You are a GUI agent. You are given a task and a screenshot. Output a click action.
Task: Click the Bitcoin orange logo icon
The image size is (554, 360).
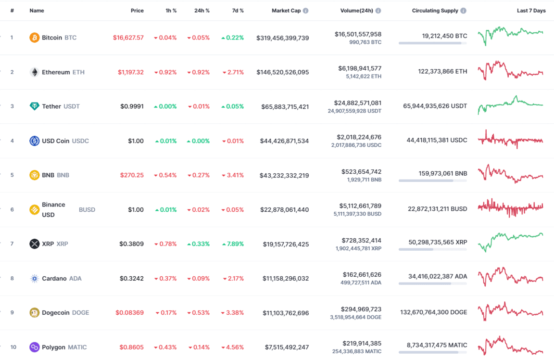34,38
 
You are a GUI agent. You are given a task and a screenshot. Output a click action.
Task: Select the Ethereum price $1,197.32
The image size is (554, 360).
130,72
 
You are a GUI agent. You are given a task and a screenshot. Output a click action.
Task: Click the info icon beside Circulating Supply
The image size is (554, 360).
463,11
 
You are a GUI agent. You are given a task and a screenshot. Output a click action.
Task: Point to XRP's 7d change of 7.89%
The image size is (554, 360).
233,244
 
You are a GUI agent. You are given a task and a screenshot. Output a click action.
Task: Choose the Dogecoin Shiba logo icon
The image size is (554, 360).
34,312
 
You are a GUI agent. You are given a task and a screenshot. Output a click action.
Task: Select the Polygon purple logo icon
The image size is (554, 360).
34,347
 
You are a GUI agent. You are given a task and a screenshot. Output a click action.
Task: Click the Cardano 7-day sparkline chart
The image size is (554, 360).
510,278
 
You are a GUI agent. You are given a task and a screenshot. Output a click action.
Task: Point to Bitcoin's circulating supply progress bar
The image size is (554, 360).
432,43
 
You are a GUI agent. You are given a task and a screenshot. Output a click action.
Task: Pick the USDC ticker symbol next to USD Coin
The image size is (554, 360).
80,141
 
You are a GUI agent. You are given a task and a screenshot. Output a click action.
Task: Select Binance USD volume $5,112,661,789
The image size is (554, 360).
359,206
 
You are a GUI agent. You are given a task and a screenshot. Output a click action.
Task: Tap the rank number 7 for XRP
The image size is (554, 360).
12,244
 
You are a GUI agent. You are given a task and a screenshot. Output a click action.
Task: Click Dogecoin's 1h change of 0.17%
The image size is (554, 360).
166,313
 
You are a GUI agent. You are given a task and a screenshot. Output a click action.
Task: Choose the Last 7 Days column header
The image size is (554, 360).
531,11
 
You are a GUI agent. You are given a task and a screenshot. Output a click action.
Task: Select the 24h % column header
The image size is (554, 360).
201,11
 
